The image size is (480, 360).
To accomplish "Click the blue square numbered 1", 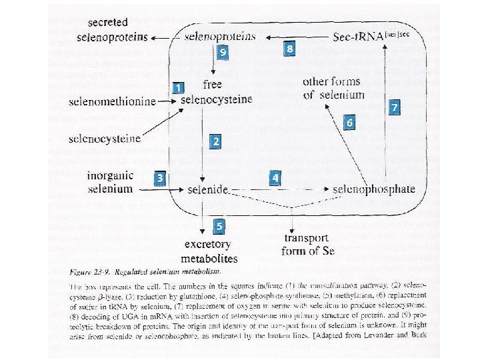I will [177, 87].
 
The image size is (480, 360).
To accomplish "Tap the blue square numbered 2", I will [215, 141].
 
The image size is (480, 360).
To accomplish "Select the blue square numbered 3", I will [160, 178].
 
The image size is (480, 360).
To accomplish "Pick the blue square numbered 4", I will [275, 178].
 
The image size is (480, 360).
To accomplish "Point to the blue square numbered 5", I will [219, 226].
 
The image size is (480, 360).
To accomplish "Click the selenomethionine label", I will [112, 101].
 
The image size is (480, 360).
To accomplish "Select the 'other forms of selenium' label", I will [333, 88].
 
